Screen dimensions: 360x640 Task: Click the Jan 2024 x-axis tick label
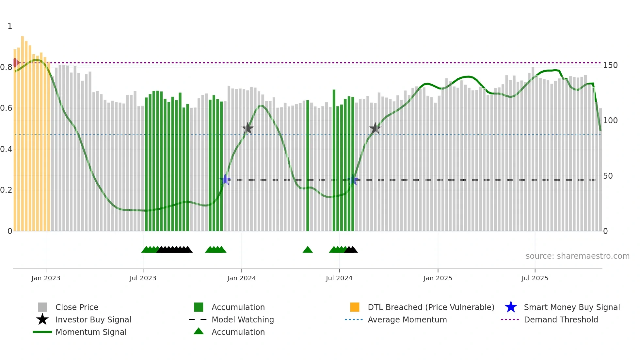pyautogui.click(x=241, y=278)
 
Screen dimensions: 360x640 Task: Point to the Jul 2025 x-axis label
pyautogui.click(x=535, y=278)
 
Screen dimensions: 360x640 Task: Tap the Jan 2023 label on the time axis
pyautogui.click(x=46, y=278)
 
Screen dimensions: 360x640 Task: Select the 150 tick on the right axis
pyautogui.click(x=610, y=65)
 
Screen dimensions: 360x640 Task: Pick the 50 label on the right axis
pyautogui.click(x=608, y=176)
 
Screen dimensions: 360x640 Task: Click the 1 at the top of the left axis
pyautogui.click(x=10, y=26)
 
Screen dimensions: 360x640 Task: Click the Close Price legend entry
pyautogui.click(x=77, y=307)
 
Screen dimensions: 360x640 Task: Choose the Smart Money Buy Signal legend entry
pyautogui.click(x=571, y=307)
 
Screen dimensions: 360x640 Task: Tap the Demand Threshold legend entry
pyautogui.click(x=561, y=319)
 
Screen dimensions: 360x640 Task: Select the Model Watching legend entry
pyautogui.click(x=243, y=319)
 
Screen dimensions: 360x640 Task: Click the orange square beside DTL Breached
pyautogui.click(x=355, y=307)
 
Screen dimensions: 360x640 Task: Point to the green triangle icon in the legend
pyautogui.click(x=199, y=331)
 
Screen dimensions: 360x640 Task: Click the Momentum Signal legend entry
pyautogui.click(x=91, y=332)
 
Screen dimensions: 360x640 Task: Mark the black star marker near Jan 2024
pyautogui.click(x=248, y=128)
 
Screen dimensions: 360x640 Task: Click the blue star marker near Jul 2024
pyautogui.click(x=353, y=180)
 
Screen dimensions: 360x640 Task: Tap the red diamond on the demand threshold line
pyautogui.click(x=15, y=62)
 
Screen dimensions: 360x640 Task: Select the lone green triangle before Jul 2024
pyautogui.click(x=308, y=250)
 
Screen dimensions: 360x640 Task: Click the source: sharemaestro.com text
pyautogui.click(x=577, y=256)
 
